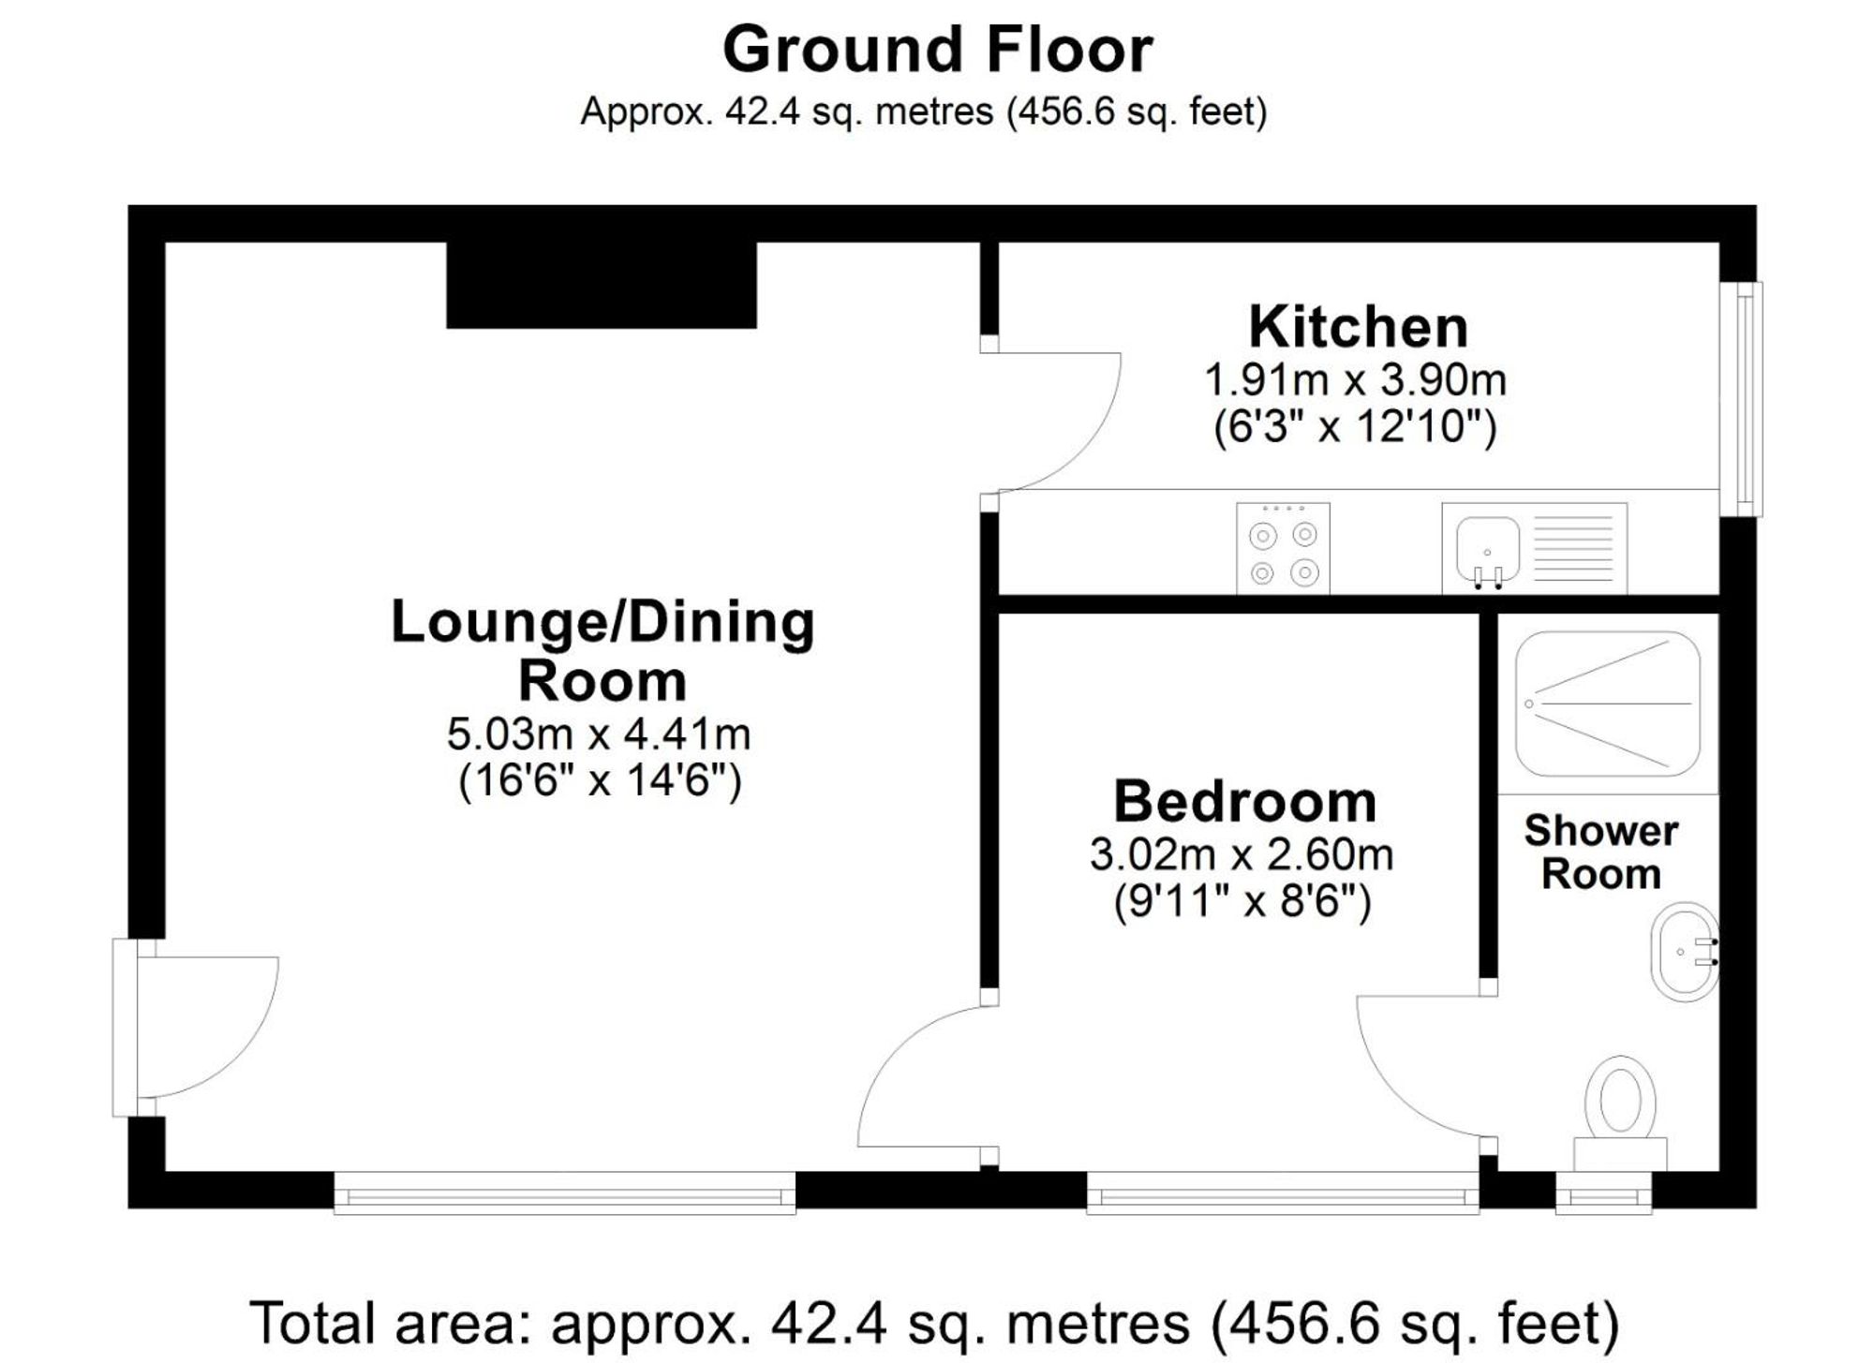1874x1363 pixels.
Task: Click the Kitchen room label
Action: point(1358,327)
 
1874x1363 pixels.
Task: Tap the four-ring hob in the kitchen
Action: point(1283,549)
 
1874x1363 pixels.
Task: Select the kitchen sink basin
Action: point(1487,548)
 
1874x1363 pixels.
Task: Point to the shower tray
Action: point(1607,704)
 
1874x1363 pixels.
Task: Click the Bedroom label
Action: point(1244,802)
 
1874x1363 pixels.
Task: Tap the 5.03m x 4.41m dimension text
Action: point(599,734)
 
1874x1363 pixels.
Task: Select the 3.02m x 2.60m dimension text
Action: point(1241,854)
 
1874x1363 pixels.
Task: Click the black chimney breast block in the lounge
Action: point(601,285)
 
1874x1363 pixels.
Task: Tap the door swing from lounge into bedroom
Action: point(923,1077)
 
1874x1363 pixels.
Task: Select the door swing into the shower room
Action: point(1420,1068)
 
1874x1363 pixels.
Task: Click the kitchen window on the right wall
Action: point(1742,399)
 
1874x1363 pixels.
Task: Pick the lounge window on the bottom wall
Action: point(564,1194)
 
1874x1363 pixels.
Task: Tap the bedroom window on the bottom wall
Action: point(1282,1195)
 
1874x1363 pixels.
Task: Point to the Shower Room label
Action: point(1600,852)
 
